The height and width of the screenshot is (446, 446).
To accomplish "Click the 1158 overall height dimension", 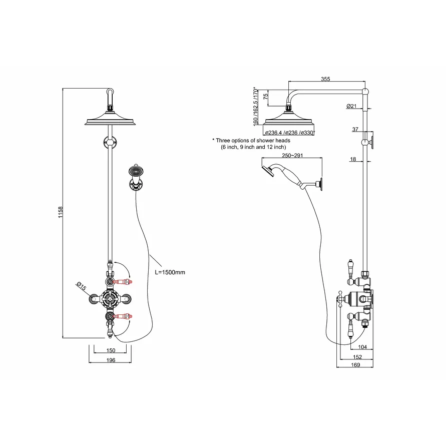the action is (x=60, y=212).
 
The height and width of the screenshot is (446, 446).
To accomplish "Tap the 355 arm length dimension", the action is (x=325, y=79).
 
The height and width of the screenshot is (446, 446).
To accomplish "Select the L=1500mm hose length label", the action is (x=170, y=272).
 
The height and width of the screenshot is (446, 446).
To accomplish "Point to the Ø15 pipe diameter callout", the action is (x=82, y=286).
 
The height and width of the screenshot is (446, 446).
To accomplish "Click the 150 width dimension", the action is (x=111, y=350).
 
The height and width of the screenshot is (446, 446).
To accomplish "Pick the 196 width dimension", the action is (x=111, y=360).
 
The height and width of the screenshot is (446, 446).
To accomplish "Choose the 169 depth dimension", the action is (x=355, y=365).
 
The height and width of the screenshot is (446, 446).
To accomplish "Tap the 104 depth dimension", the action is (x=362, y=347).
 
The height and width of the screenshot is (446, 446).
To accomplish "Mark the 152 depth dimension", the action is (x=357, y=357).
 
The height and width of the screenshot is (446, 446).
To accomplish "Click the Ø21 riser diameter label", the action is (x=351, y=106).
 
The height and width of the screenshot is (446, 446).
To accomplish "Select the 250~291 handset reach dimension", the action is (x=292, y=155).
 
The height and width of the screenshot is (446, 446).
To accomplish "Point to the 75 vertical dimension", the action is (x=266, y=97).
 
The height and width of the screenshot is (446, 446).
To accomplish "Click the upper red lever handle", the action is (x=123, y=282).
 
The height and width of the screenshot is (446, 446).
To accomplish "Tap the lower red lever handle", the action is (x=123, y=316).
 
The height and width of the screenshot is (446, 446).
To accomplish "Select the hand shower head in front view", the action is (x=136, y=171).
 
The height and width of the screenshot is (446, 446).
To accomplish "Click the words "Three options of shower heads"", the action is (x=253, y=141).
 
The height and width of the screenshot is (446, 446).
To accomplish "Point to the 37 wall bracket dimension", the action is (x=355, y=130).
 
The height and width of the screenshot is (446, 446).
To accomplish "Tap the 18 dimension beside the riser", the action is (x=353, y=159).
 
